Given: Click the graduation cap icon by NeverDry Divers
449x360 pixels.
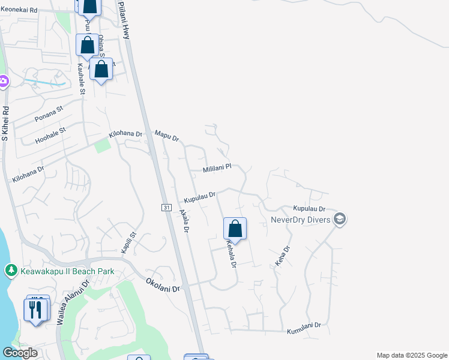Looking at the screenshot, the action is [x=340, y=218].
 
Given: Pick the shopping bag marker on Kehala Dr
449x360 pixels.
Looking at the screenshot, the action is [x=235, y=229].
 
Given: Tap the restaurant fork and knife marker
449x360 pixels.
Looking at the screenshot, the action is [x=37, y=310].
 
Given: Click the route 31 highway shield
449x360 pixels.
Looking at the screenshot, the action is [x=166, y=207].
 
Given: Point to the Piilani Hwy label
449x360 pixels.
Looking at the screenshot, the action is [x=124, y=20].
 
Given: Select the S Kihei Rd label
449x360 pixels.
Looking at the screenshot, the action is [x=5, y=124].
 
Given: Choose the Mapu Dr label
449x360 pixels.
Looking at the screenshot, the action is [x=167, y=136].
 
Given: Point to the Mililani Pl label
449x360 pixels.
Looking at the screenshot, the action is [x=217, y=169].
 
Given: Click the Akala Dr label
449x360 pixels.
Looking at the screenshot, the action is [x=184, y=221].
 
